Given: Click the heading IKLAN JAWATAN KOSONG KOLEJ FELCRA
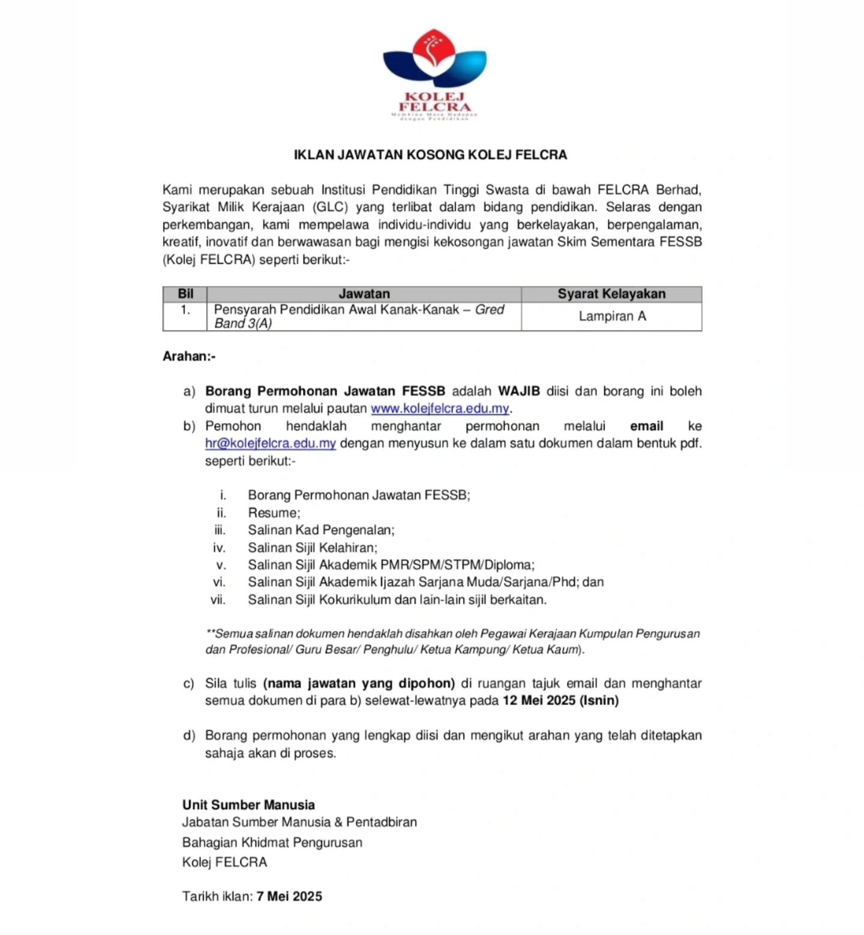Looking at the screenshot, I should pos(430,155).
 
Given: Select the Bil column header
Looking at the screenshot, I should pos(185,294).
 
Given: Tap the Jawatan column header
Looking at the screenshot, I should pos(364,294).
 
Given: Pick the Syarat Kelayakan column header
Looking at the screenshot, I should pos(611,294).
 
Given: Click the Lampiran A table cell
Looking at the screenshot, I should pos(612,316).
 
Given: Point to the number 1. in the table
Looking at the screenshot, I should pos(185,310).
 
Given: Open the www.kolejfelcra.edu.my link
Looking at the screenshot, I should pos(440,408).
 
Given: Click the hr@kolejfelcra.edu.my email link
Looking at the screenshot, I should pos(270,443).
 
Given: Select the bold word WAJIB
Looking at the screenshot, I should pos(519,391).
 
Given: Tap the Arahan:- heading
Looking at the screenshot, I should pos(189,356).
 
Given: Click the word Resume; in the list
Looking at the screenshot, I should pos(274,513).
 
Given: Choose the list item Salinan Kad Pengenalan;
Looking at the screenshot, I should pos(321,530).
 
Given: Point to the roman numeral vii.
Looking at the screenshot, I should pos(218,599).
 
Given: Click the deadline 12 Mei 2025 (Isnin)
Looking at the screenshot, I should pos(560,701).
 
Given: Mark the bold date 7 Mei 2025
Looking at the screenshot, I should pos(289,896).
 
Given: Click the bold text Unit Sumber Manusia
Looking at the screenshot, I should pos(248,805).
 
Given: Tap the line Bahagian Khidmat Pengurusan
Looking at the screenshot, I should pos(272,843).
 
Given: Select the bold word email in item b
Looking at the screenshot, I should pos(646,426).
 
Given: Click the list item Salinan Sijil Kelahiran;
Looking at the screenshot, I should pos(313,548).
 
